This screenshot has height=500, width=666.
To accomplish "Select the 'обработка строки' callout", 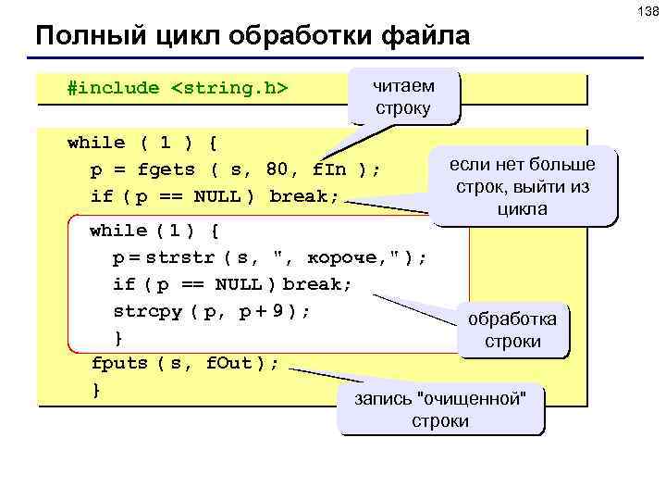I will [x=512, y=331].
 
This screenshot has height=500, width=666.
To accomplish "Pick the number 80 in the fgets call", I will [x=277, y=169].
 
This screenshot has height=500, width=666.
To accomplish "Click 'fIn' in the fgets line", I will [x=329, y=169].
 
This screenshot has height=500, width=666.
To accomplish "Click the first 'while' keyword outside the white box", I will [x=96, y=143].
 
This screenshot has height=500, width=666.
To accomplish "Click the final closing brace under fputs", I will [x=96, y=390].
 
